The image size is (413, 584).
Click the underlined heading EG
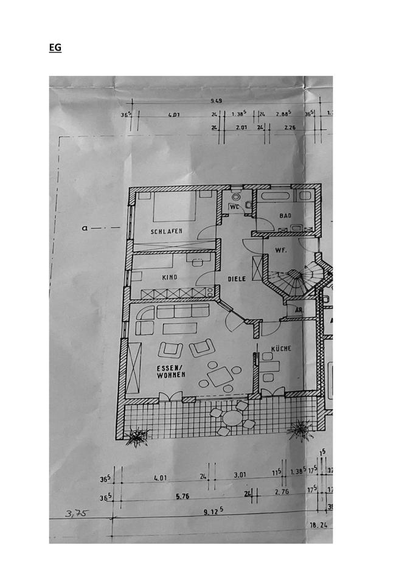55,47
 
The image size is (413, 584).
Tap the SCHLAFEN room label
167,232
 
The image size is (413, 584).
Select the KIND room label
169,277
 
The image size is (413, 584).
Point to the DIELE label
237,279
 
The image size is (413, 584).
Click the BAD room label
285,216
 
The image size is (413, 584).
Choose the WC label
234,207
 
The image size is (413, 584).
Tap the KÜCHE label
282,349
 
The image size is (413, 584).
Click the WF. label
280,250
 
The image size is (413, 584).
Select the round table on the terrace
232,419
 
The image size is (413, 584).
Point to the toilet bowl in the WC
236,196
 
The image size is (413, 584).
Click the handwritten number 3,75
77,514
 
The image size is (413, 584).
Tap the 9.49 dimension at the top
216,101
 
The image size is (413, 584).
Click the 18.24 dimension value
318,524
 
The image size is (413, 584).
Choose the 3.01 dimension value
240,478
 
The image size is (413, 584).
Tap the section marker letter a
88,229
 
